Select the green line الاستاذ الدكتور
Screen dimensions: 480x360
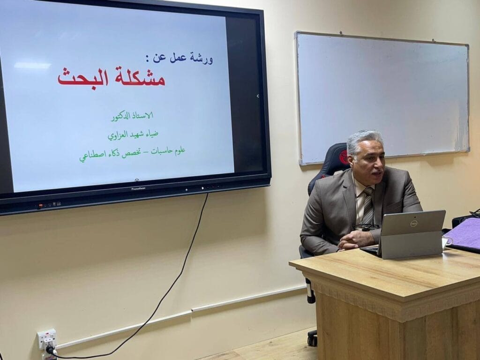pos(132,116)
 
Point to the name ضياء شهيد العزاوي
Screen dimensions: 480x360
pos(133,135)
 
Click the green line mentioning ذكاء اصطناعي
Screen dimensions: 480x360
pos(133,153)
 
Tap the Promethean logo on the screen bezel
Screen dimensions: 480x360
pos(138,189)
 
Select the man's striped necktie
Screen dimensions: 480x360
pos(368,206)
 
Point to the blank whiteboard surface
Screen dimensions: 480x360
pos(382,98)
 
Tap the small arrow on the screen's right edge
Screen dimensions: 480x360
pos(258,96)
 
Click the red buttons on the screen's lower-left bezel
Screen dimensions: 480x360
pos(40,206)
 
